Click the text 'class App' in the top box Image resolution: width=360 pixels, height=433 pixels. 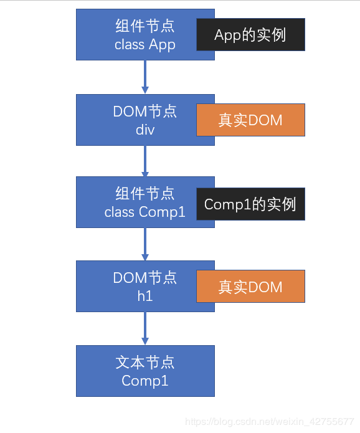pos(144,45)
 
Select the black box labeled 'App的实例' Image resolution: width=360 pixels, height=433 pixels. pos(250,34)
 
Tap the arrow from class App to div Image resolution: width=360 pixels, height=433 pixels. pos(145,77)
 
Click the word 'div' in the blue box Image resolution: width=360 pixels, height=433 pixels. pos(144,130)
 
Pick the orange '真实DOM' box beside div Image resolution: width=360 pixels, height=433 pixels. pos(250,120)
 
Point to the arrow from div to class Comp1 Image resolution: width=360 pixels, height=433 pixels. pos(145,161)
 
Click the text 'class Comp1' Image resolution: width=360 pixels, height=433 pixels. pos(144,212)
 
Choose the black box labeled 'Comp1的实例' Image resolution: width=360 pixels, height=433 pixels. pos(250,204)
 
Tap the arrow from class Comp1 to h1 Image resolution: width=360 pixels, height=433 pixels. pos(145,244)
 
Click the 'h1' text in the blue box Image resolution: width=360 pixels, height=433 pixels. pos(144,296)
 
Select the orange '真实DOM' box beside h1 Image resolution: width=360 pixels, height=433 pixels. pos(250,287)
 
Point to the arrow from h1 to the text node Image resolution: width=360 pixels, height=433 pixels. pos(145,328)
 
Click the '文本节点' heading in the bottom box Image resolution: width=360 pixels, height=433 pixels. pos(144,362)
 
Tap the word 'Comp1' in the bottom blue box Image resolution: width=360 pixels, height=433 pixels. pos(144,381)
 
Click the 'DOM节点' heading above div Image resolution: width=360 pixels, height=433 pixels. pos(144,112)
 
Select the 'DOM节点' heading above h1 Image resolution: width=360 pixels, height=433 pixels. pos(144,278)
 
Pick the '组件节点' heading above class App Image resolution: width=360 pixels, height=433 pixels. pos(144,26)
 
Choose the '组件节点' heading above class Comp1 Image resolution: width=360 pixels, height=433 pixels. pos(144,193)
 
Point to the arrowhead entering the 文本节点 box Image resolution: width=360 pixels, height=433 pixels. pos(145,341)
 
